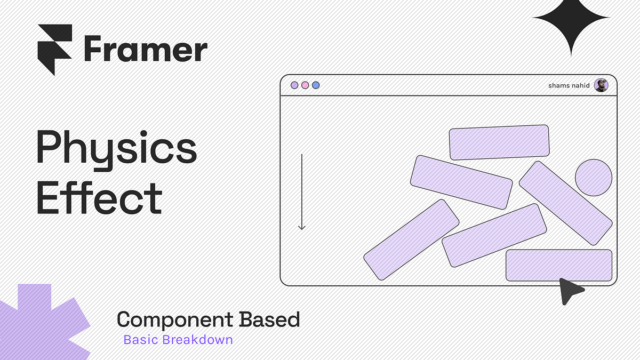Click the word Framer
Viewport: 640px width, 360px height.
pyautogui.click(x=145, y=50)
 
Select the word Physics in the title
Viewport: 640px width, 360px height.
pyautogui.click(x=116, y=149)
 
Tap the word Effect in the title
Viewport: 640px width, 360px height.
pyautogui.click(x=99, y=198)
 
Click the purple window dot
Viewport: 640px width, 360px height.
pyautogui.click(x=294, y=85)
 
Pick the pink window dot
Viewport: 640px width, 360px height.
pyautogui.click(x=305, y=85)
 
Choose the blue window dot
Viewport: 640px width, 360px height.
pyautogui.click(x=316, y=85)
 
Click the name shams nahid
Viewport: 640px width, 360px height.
pyautogui.click(x=569, y=85)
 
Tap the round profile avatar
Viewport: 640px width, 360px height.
pyautogui.click(x=601, y=85)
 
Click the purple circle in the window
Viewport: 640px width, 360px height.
pyautogui.click(x=593, y=178)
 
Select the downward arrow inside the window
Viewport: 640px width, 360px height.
pyautogui.click(x=302, y=192)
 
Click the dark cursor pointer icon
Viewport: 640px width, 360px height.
pyautogui.click(x=570, y=290)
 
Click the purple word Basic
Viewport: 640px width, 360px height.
pyautogui.click(x=140, y=340)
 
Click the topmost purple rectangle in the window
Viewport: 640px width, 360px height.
pyautogui.click(x=499, y=142)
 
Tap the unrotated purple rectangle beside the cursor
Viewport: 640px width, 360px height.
pyautogui.click(x=558, y=265)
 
